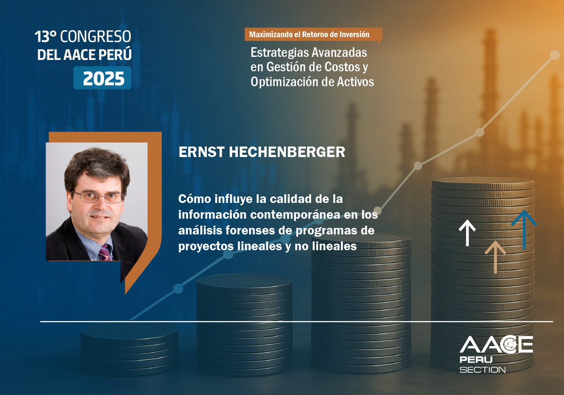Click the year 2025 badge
pos(102,78)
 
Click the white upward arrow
pos(467,233)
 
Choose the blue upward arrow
pos(524,230)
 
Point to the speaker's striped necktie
pos(105,253)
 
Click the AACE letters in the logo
pos(496,344)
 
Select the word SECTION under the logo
pos(482,370)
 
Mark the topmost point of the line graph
pos(554,55)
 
